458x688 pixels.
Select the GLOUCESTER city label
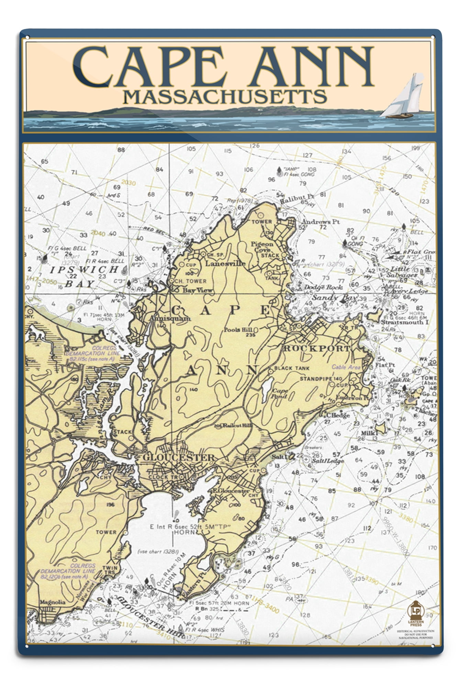[x=178, y=458]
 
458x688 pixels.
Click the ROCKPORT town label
[x=316, y=348]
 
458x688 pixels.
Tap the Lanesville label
[x=225, y=264]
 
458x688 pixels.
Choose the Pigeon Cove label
[x=262, y=247]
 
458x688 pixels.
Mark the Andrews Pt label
[x=321, y=222]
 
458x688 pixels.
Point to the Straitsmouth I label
[x=405, y=322]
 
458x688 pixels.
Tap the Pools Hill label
[x=238, y=330]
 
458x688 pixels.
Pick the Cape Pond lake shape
[x=267, y=388]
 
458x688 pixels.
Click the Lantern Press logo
[x=416, y=612]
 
